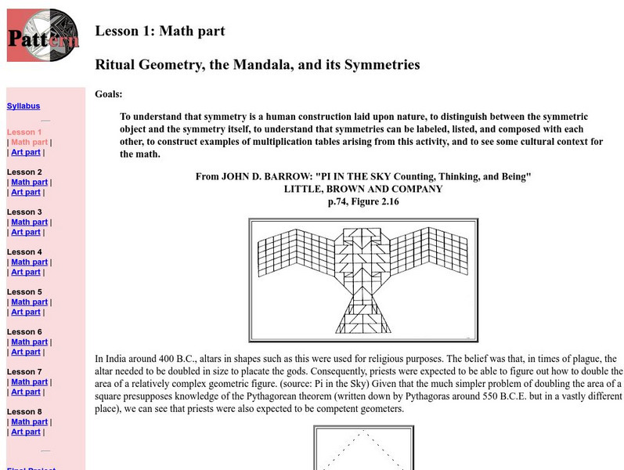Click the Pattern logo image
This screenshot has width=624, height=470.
tap(42, 35)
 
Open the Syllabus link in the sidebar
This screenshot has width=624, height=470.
tap(23, 107)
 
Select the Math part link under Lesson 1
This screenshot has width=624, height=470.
tap(29, 143)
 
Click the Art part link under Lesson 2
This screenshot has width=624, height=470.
tap(26, 192)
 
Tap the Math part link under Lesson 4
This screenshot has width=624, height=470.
tap(29, 262)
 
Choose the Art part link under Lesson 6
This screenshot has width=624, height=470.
tap(26, 352)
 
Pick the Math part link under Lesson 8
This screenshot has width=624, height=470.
tap(29, 421)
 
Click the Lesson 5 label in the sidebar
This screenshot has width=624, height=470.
tap(23, 292)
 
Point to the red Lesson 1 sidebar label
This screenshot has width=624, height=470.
tap(23, 132)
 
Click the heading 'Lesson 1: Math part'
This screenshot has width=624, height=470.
tap(160, 31)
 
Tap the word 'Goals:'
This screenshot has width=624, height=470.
tap(109, 94)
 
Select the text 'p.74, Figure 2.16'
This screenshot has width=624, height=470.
tap(363, 202)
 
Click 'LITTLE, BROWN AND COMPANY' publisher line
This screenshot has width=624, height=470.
tap(363, 190)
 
